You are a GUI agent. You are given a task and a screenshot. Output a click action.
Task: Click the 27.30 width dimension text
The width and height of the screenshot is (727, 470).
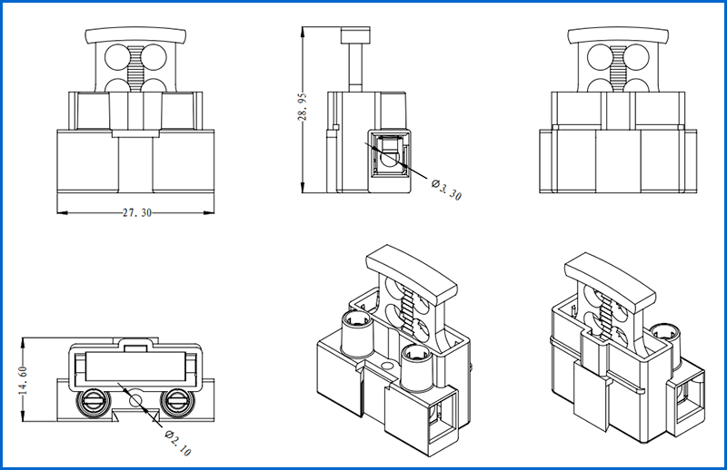click(136, 212)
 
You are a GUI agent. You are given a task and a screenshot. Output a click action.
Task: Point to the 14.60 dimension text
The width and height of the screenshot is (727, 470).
click(25, 380)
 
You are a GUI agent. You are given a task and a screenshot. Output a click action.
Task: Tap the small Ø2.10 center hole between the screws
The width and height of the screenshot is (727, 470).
click(135, 399)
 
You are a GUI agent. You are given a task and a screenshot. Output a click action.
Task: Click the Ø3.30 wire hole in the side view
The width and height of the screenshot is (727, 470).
click(390, 155)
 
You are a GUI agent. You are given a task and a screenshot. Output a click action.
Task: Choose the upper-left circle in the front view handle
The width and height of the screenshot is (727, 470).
click(117, 57)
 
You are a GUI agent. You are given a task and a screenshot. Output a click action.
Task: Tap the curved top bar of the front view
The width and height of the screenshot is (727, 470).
click(136, 35)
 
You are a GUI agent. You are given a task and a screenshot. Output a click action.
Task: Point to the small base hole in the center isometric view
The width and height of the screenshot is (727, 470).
click(388, 368)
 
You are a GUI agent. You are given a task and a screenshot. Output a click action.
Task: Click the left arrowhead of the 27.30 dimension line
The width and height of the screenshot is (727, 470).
click(60, 212)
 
